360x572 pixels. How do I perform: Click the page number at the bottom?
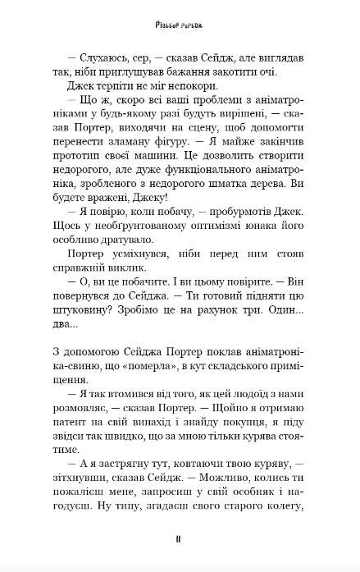point(178,539)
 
